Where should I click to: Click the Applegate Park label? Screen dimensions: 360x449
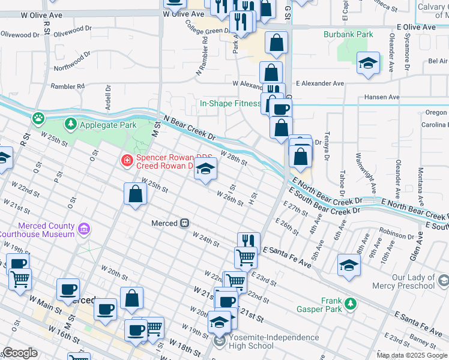point(106,124)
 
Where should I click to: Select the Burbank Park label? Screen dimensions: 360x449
point(349,34)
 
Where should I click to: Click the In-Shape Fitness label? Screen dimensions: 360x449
point(230,103)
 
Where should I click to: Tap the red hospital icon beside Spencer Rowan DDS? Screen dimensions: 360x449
point(127,160)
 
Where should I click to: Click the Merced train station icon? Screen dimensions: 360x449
point(185,223)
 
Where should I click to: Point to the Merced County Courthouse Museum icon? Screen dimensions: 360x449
point(83,229)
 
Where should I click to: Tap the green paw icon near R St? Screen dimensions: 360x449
point(39,117)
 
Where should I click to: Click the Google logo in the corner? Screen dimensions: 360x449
point(20,353)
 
